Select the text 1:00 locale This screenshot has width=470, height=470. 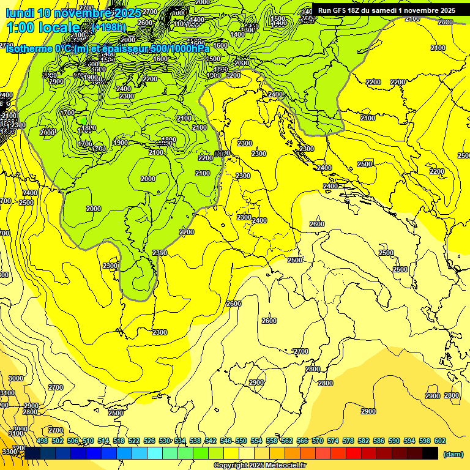point(43,28)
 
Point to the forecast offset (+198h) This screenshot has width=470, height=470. point(108,28)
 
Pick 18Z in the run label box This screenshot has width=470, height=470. point(358,10)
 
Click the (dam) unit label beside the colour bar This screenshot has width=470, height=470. point(452,453)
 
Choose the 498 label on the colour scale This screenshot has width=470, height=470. point(42,441)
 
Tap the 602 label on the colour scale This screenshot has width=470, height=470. point(440,441)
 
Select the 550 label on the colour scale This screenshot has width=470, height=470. point(241,441)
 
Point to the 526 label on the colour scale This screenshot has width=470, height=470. point(149,441)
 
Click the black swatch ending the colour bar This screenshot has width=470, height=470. point(430,453)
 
